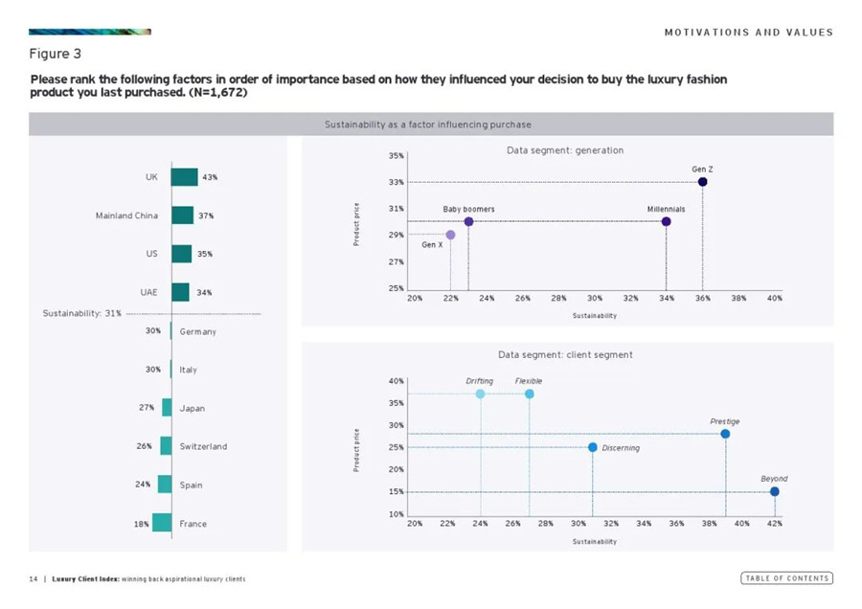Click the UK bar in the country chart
[x=184, y=177]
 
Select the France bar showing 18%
[x=162, y=523]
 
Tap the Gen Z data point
[x=702, y=182]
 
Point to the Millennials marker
[x=666, y=222]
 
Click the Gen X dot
[x=450, y=235]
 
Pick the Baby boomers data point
[x=468, y=222]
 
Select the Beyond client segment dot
[x=774, y=491]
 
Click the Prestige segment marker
[x=725, y=434]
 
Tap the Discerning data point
[x=593, y=447]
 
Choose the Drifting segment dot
[x=480, y=394]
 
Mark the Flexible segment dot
[x=529, y=394]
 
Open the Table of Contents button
[x=786, y=578]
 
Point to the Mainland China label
[x=126, y=215]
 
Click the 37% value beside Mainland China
[x=206, y=215]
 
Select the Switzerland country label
[x=203, y=446]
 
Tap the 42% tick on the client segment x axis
[x=775, y=524]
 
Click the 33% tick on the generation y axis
[x=396, y=182]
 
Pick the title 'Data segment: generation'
[x=564, y=150]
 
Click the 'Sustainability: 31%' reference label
[x=81, y=314]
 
